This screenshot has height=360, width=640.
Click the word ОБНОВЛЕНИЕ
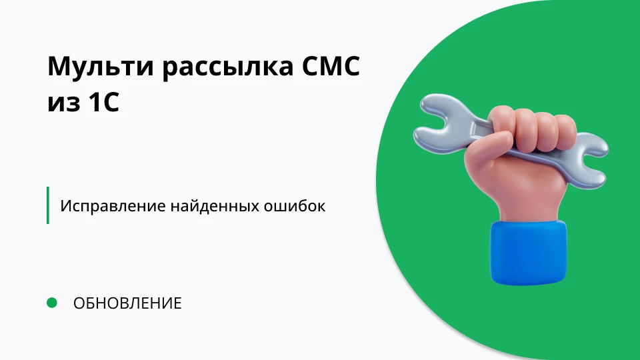coord(127,303)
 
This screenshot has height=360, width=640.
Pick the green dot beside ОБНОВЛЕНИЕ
coord(52,303)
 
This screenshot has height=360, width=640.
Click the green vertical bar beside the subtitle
coord(48,205)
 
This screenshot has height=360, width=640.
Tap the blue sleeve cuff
coord(528,251)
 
